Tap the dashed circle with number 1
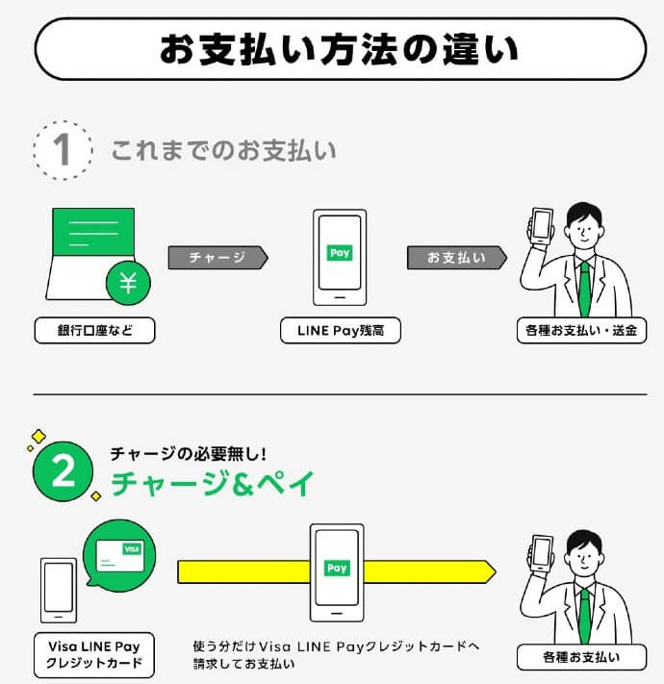(x=62, y=149)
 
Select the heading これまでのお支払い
(x=223, y=151)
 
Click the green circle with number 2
(x=63, y=471)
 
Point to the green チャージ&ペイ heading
(x=212, y=484)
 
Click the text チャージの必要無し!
(x=185, y=452)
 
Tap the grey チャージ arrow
(x=217, y=258)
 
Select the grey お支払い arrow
(x=456, y=258)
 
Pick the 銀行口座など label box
(x=93, y=331)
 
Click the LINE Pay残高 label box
(x=340, y=331)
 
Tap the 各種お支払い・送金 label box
(x=581, y=331)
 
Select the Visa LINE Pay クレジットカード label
(x=93, y=654)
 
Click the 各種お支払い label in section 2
(x=581, y=658)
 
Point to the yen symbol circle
(x=127, y=282)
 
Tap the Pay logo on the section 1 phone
(x=340, y=253)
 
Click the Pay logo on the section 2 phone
(x=337, y=569)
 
